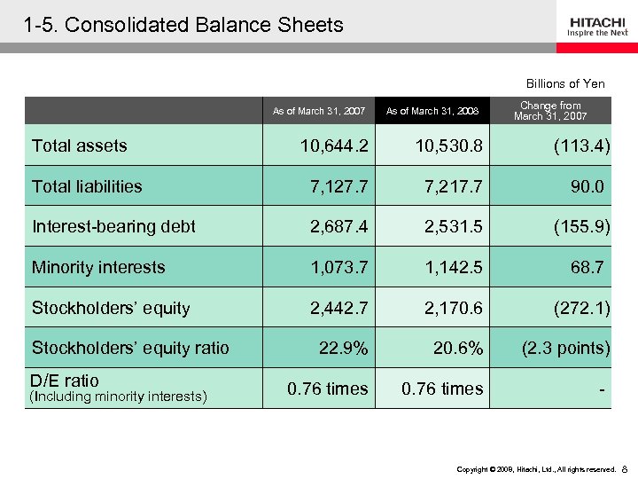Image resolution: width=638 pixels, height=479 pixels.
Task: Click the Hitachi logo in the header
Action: click(598, 26)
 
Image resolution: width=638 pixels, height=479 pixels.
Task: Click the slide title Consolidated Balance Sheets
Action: click(184, 25)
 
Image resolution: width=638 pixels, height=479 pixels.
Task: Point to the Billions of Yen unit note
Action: click(565, 83)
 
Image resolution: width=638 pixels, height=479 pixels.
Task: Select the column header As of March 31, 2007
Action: click(319, 111)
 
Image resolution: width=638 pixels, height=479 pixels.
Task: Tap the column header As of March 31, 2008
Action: click(432, 111)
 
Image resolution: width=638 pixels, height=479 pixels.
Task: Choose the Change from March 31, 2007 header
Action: click(550, 111)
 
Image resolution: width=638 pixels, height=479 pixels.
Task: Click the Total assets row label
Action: click(80, 145)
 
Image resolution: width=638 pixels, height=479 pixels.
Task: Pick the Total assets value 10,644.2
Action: click(335, 145)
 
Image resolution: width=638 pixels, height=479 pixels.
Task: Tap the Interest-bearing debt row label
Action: click(113, 226)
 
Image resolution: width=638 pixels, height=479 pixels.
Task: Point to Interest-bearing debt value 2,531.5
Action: click(453, 226)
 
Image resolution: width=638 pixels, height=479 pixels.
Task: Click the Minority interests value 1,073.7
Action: click(338, 267)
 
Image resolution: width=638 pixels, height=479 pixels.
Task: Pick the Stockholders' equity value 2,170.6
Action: click(453, 308)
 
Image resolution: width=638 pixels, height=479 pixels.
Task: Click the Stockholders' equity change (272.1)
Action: click(580, 308)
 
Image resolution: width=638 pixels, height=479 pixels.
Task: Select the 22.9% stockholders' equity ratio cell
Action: click(344, 348)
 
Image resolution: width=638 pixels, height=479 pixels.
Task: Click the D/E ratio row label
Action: click(66, 381)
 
